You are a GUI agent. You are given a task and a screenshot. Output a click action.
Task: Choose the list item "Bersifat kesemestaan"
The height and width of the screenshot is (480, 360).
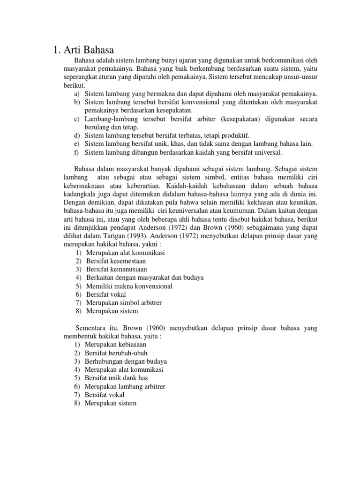tap(115, 261)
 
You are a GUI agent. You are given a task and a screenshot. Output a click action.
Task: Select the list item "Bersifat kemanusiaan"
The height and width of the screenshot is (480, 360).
tap(116, 270)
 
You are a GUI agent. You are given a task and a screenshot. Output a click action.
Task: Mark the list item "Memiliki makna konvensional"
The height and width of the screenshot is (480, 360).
tap(129, 286)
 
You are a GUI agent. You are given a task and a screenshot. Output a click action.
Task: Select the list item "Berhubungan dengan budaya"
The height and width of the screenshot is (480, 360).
tap(126, 361)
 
